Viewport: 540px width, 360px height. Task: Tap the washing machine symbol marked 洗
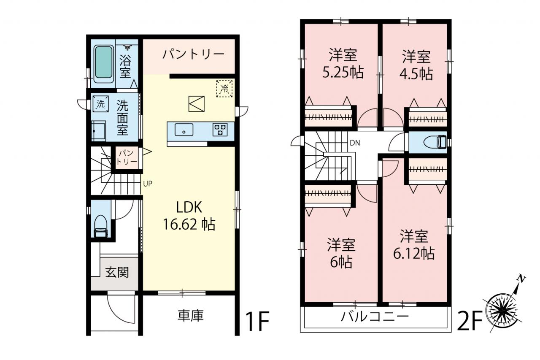point(100,104)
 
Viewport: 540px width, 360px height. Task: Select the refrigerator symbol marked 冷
point(224,89)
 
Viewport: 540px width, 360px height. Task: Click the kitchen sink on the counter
point(184,130)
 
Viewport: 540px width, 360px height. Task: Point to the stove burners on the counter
point(220,130)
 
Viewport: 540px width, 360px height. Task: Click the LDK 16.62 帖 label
point(189,216)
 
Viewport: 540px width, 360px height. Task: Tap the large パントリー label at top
point(193,54)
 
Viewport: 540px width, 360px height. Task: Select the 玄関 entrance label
point(117,273)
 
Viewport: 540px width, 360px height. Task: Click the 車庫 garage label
point(191,316)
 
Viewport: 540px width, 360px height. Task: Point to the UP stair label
point(148,184)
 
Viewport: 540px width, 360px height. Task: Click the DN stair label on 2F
point(355,143)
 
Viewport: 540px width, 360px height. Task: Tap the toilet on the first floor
point(100,226)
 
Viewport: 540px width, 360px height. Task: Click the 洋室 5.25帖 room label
point(343,64)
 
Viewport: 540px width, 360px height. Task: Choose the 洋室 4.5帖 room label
point(416,65)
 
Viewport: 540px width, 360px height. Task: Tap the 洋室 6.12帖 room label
point(414,245)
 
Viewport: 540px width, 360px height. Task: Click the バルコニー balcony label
point(375,317)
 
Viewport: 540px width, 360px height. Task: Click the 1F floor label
point(257,322)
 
